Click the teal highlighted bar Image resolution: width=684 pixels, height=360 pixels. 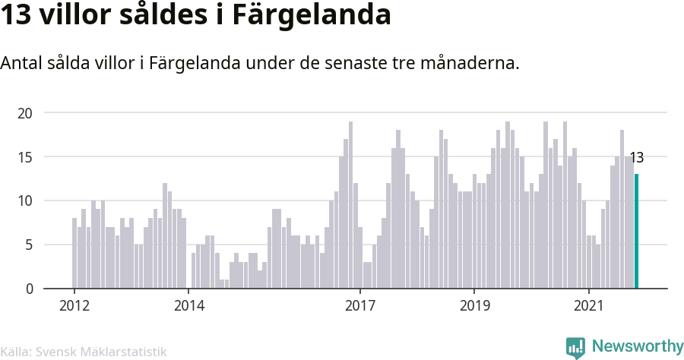[636, 231]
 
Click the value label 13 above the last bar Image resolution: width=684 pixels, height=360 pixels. [637, 157]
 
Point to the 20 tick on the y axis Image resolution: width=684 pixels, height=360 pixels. [25, 113]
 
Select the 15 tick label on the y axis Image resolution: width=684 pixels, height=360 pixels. [25, 157]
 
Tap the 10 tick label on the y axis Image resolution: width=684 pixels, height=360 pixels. [25, 201]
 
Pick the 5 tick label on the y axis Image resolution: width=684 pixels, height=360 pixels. [29, 245]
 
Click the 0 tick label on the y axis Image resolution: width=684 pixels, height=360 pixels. [29, 289]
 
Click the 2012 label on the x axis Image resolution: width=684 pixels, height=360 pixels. [74, 305]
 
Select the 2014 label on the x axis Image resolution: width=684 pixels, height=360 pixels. [189, 305]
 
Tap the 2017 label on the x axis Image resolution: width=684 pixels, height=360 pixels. [360, 305]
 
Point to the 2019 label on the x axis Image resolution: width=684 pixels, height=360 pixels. [474, 305]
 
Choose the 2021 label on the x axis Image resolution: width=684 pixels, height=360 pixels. [589, 305]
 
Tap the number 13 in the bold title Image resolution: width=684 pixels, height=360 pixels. [16, 15]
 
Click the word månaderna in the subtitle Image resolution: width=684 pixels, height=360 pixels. [470, 63]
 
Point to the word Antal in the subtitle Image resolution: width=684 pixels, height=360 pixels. [21, 63]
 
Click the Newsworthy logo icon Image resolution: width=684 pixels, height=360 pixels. [575, 347]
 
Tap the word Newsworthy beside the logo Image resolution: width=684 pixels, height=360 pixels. [638, 346]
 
